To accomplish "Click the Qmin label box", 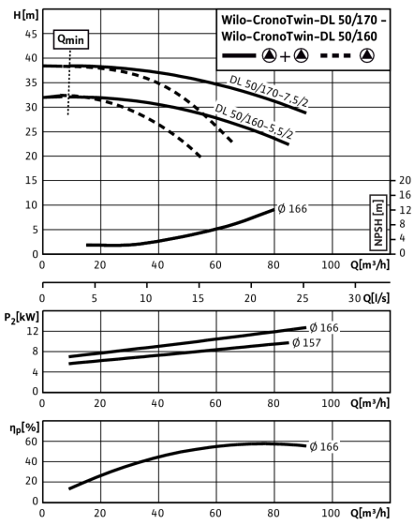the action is coord(71,39).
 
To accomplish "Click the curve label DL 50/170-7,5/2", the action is coord(269,92).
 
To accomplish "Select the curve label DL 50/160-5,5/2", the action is coord(254,121).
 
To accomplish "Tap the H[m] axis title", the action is coord(26,15).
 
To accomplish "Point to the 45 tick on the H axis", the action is coord(31,34).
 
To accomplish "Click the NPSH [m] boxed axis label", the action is coord(378,222).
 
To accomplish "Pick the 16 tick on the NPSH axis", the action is coord(405,195).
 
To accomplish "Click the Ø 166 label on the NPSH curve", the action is coord(292,209).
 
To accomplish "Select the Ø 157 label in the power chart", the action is coord(306,343).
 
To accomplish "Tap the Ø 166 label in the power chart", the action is coord(324,328).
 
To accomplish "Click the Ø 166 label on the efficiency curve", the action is coord(324,446).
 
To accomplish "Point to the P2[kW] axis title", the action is coord(22,317).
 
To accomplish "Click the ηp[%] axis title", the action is coord(24,427).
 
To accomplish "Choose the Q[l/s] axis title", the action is coord(377,298).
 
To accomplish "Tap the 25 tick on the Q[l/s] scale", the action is coord(303,298).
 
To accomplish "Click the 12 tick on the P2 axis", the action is coord(33,332).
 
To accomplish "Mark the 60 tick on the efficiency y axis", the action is coord(31,442).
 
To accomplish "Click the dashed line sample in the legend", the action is coord(335,55).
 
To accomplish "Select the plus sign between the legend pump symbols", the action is coord(285,57).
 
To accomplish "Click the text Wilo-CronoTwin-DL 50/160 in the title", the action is coord(300,37).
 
